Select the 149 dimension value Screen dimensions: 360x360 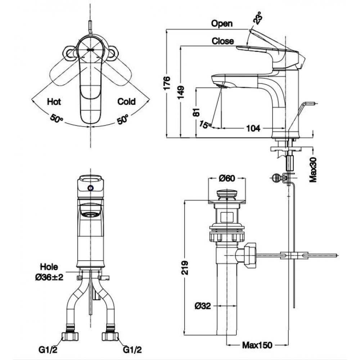tap(183, 92)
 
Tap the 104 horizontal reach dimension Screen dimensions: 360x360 tap(254, 128)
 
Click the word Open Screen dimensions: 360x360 tap(222, 24)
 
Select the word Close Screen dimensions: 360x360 tap(222, 41)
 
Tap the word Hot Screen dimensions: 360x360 tap(54, 102)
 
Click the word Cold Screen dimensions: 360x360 tap(126, 102)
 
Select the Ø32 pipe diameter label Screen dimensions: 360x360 tap(203, 306)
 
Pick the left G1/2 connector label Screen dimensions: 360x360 tap(50, 349)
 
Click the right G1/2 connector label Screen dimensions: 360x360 tap(131, 349)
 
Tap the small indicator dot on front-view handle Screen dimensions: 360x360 tap(90, 188)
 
